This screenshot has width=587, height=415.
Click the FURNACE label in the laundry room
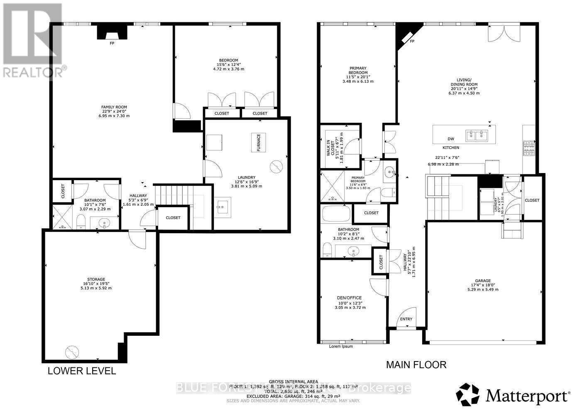click(x=258, y=142)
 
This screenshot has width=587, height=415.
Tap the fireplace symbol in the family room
click(x=112, y=33)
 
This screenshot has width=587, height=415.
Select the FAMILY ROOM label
click(x=114, y=107)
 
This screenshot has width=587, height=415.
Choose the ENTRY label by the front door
click(x=406, y=319)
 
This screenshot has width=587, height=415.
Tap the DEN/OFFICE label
click(x=349, y=298)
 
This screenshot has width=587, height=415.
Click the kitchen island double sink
click(x=476, y=135)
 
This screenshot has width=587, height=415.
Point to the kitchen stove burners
click(x=529, y=147)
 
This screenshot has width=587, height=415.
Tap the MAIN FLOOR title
click(x=416, y=365)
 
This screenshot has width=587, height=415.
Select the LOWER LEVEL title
click(x=82, y=371)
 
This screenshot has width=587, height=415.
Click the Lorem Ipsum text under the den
click(x=341, y=346)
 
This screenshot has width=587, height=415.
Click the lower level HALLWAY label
click(x=138, y=196)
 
